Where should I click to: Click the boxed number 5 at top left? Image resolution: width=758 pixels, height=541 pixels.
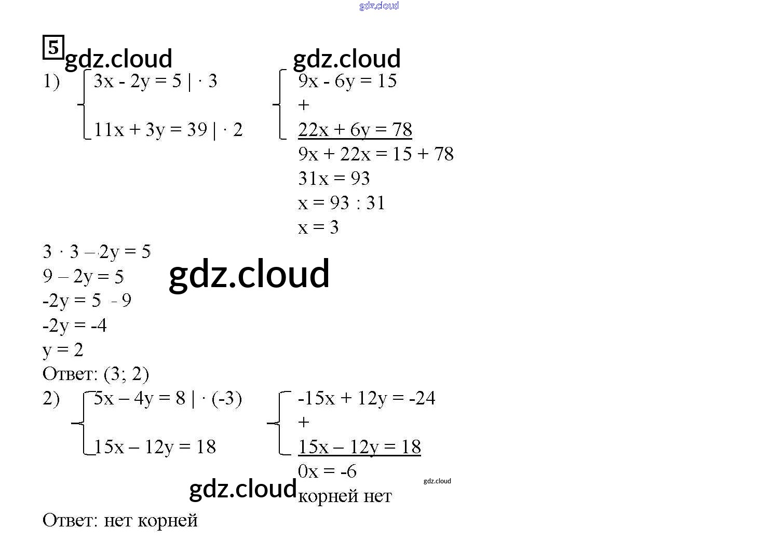(53, 47)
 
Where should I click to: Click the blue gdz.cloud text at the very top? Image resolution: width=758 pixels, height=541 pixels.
(379, 6)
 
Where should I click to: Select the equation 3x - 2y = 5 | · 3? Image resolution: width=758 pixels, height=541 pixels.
(155, 82)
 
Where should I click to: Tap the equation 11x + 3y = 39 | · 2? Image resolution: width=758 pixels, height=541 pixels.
(168, 130)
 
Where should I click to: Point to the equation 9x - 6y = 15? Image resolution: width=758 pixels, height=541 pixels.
(347, 81)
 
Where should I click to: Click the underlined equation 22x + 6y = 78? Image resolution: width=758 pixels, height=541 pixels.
(355, 130)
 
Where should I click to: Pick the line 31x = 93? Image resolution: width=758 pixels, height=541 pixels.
(334, 179)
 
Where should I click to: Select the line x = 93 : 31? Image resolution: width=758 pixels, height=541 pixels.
(342, 203)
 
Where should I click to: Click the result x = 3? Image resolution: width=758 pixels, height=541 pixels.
(318, 227)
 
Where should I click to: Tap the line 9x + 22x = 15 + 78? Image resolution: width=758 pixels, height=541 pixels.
(376, 154)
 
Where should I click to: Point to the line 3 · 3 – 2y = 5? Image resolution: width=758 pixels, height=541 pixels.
(97, 252)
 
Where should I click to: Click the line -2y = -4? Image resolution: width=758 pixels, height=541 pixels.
(75, 326)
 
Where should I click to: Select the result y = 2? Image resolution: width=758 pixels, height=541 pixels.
(63, 350)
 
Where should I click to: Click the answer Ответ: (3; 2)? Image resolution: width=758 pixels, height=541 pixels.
(96, 374)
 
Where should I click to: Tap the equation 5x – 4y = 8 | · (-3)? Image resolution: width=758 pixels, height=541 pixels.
(168, 399)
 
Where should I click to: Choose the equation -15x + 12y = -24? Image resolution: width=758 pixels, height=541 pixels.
(367, 398)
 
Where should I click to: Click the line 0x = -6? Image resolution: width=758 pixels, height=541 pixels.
(327, 471)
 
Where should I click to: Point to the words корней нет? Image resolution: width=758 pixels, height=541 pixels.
(345, 496)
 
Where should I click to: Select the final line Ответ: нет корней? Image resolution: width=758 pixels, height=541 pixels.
(120, 520)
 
